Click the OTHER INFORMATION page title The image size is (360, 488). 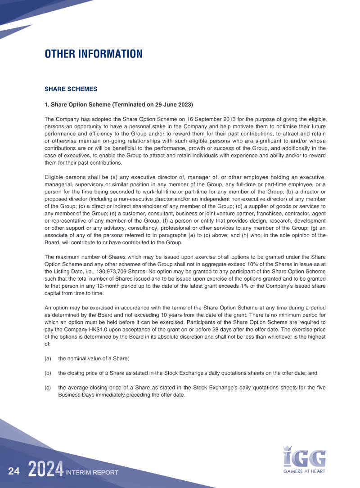click(94, 54)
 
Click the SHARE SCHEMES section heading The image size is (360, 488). click(71, 89)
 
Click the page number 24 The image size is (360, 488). click(14, 471)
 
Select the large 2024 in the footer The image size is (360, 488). click(45, 470)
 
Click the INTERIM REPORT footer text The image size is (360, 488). click(92, 473)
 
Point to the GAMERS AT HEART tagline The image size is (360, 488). click(304, 471)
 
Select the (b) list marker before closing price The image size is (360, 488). click(48, 373)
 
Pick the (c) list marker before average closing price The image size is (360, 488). click(48, 387)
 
